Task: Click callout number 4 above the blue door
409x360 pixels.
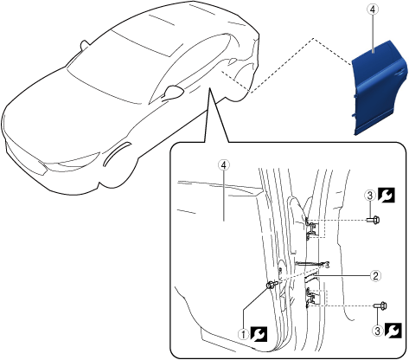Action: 373,10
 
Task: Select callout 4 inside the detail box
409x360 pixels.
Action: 224,165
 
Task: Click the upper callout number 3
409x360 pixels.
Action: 370,196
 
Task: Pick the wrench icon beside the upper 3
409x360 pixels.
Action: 387,196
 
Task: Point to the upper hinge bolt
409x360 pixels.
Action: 374,220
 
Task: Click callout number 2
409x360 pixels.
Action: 375,276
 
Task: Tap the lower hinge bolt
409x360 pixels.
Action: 380,305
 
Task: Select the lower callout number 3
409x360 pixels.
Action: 378,331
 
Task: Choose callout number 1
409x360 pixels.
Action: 244,335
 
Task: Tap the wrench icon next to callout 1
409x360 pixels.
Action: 259,334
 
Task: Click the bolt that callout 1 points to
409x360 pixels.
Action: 272,285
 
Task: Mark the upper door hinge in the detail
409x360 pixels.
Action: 310,228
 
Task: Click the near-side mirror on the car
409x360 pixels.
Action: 174,92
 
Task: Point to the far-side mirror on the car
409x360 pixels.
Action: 85,44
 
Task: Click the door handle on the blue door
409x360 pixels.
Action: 400,73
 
